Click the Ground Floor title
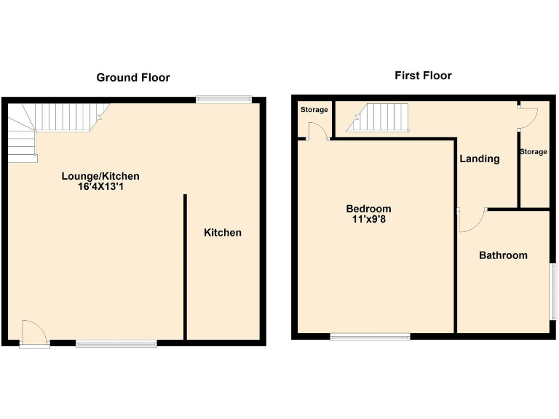click(x=133, y=77)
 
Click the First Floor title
click(x=423, y=76)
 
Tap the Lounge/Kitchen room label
click(x=100, y=176)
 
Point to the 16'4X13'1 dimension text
click(x=100, y=187)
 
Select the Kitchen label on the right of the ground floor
click(x=222, y=233)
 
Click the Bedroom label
click(x=368, y=209)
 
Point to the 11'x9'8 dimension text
click(x=368, y=220)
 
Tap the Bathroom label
click(x=502, y=255)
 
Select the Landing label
click(x=479, y=159)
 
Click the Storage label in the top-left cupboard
click(x=314, y=110)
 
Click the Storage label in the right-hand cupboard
click(x=533, y=152)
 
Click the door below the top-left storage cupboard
click(x=317, y=132)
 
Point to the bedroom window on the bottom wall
click(x=370, y=337)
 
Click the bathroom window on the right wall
click(x=552, y=291)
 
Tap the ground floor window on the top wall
click(x=223, y=100)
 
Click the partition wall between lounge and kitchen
click(x=186, y=266)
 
